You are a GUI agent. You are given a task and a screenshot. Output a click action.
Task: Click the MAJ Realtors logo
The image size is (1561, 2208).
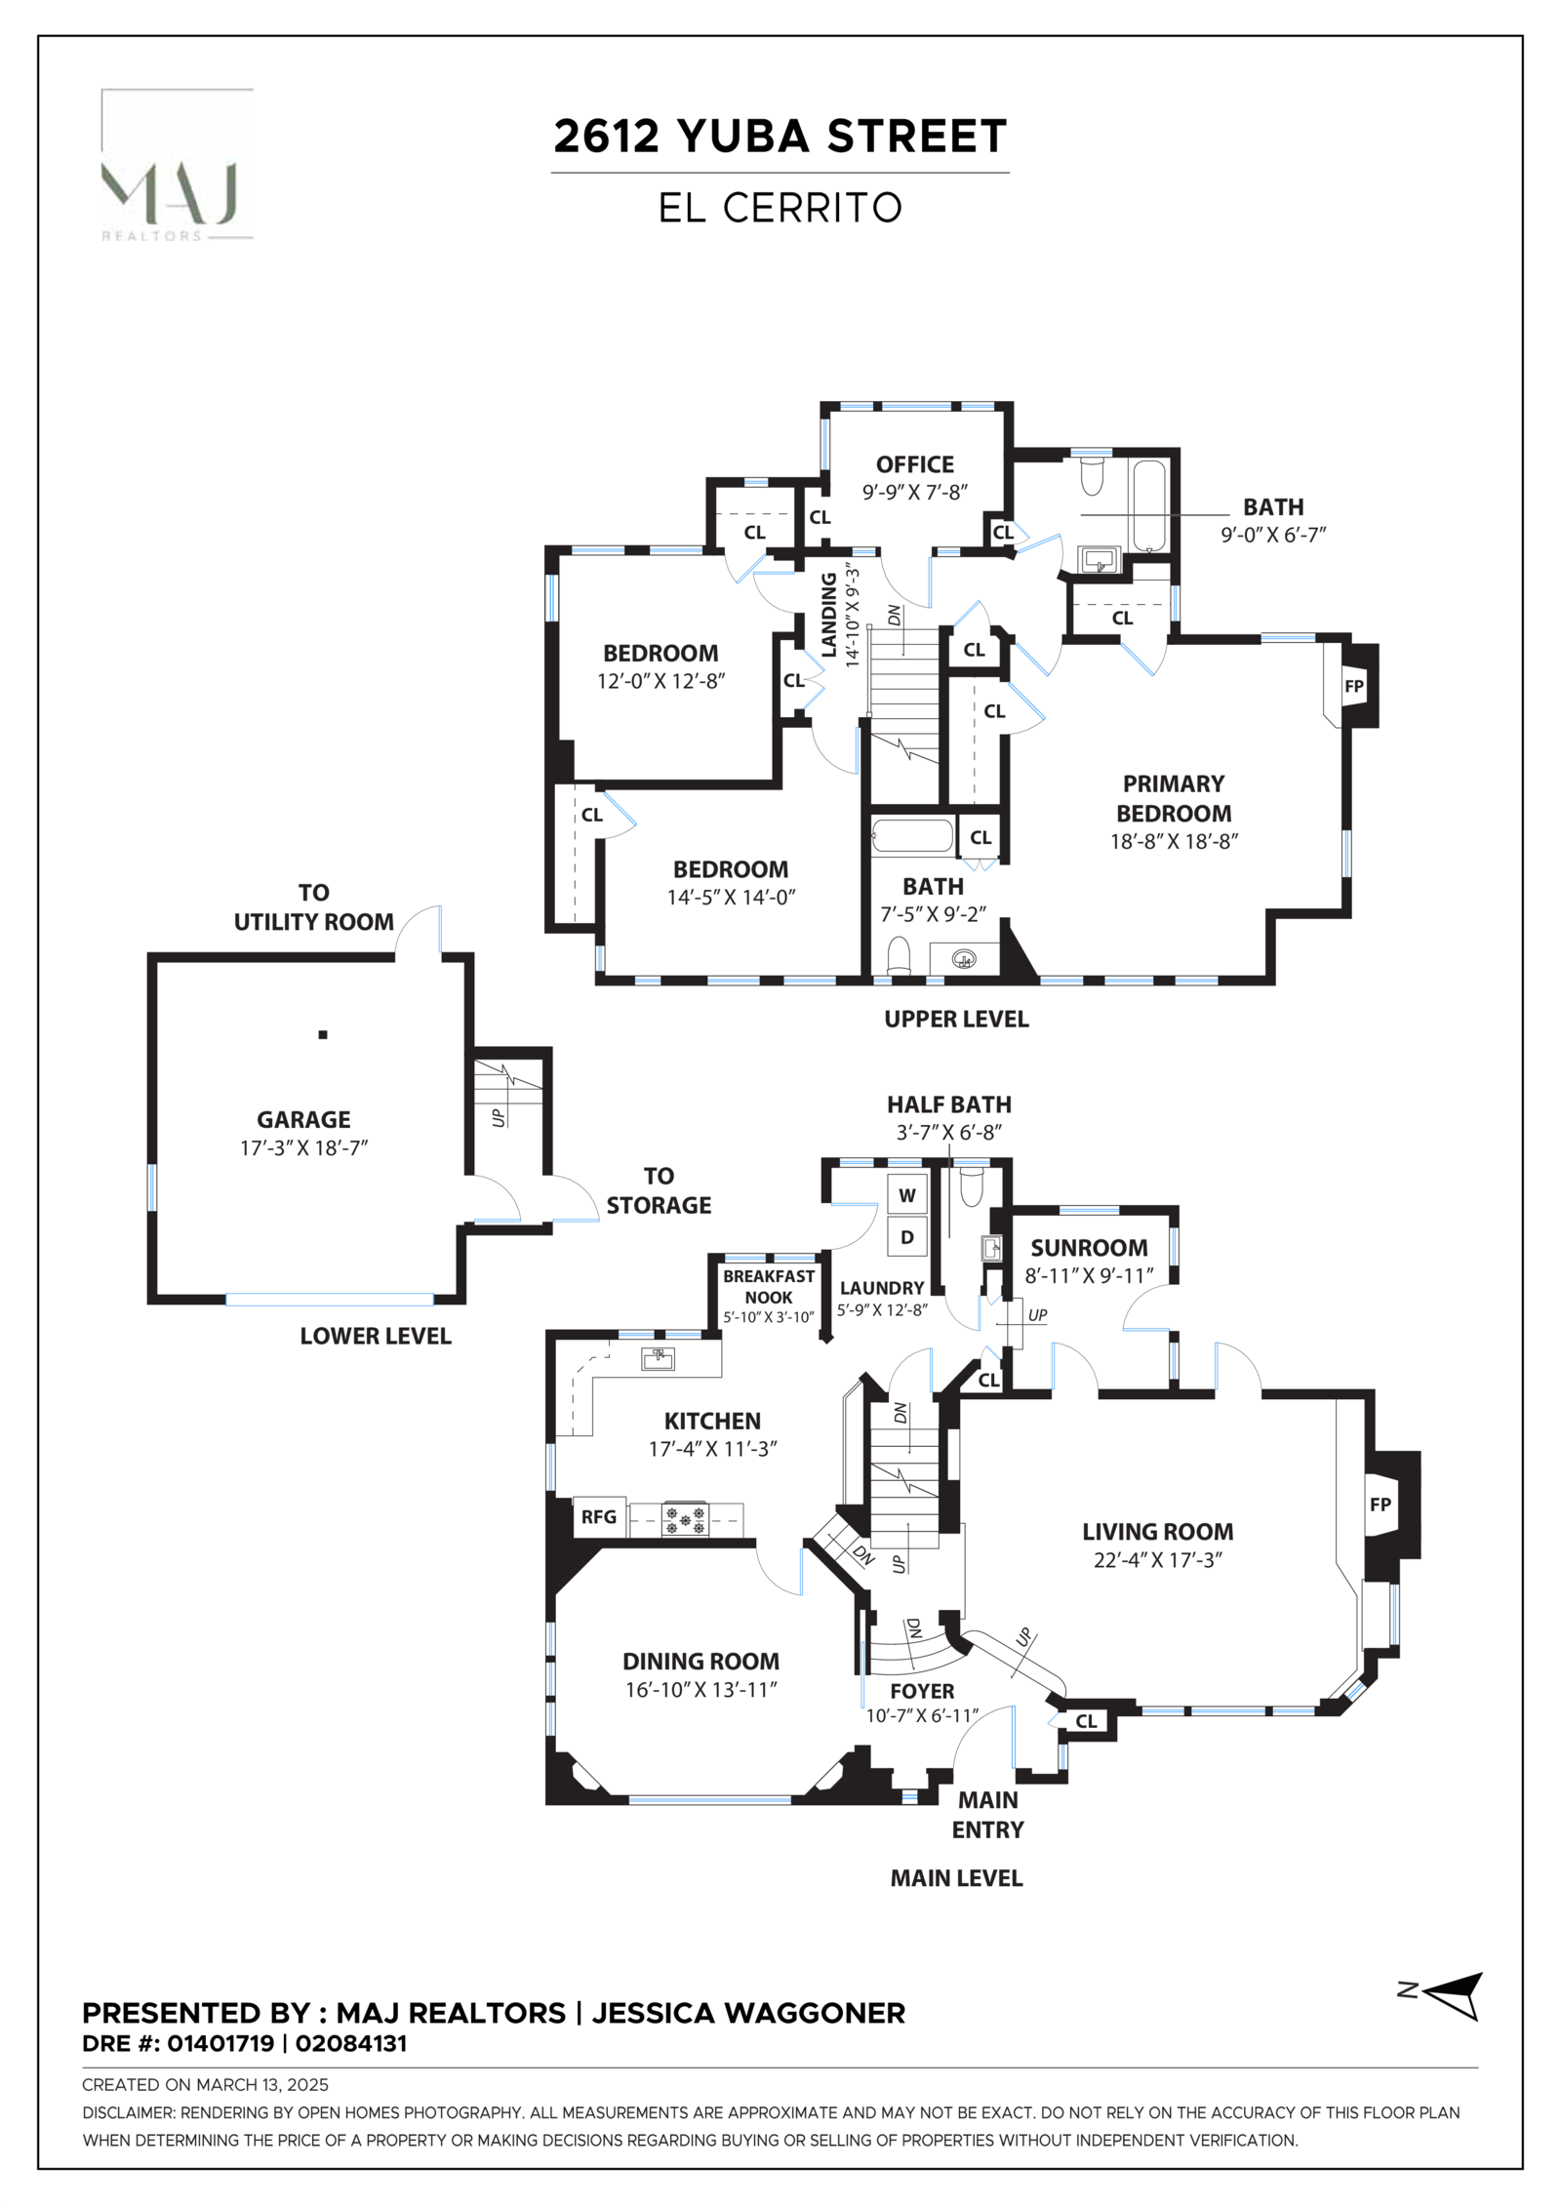tap(177, 166)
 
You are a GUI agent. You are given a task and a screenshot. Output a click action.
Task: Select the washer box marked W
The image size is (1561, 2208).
tap(906, 1195)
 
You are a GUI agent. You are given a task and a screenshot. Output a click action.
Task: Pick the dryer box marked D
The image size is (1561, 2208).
tap(906, 1237)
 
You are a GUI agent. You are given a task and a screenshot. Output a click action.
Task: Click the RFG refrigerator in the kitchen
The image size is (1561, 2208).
tap(598, 1516)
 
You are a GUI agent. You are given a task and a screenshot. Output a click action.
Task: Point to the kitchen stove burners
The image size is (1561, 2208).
tap(685, 1520)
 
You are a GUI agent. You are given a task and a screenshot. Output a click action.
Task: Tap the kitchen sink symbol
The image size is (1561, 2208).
tap(658, 1357)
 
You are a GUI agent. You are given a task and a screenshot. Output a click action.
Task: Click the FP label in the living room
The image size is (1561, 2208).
tap(1380, 1505)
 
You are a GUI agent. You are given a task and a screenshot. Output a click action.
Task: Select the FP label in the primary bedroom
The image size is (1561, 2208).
tap(1353, 686)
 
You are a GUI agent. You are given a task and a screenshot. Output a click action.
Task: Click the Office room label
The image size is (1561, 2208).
tap(914, 464)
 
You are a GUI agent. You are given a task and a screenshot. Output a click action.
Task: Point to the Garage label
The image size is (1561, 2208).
tap(303, 1119)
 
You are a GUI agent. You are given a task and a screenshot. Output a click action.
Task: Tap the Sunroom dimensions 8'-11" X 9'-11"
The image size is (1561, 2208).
tap(1089, 1275)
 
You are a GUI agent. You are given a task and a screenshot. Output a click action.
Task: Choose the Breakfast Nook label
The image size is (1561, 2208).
tap(768, 1286)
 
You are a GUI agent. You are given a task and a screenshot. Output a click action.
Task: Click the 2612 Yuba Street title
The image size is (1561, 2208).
tap(780, 137)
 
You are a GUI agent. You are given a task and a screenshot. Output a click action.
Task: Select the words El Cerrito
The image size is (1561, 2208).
tap(780, 208)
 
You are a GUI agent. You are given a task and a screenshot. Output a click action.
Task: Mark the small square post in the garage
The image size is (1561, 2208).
tap(323, 1034)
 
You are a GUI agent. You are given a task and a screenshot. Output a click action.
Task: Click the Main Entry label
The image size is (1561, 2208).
tap(987, 1814)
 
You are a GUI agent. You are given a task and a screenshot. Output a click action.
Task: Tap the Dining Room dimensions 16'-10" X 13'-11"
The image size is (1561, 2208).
tap(700, 1689)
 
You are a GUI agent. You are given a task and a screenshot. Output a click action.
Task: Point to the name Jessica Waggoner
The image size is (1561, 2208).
tap(748, 2013)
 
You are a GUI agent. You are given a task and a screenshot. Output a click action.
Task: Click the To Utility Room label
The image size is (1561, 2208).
tap(313, 906)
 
